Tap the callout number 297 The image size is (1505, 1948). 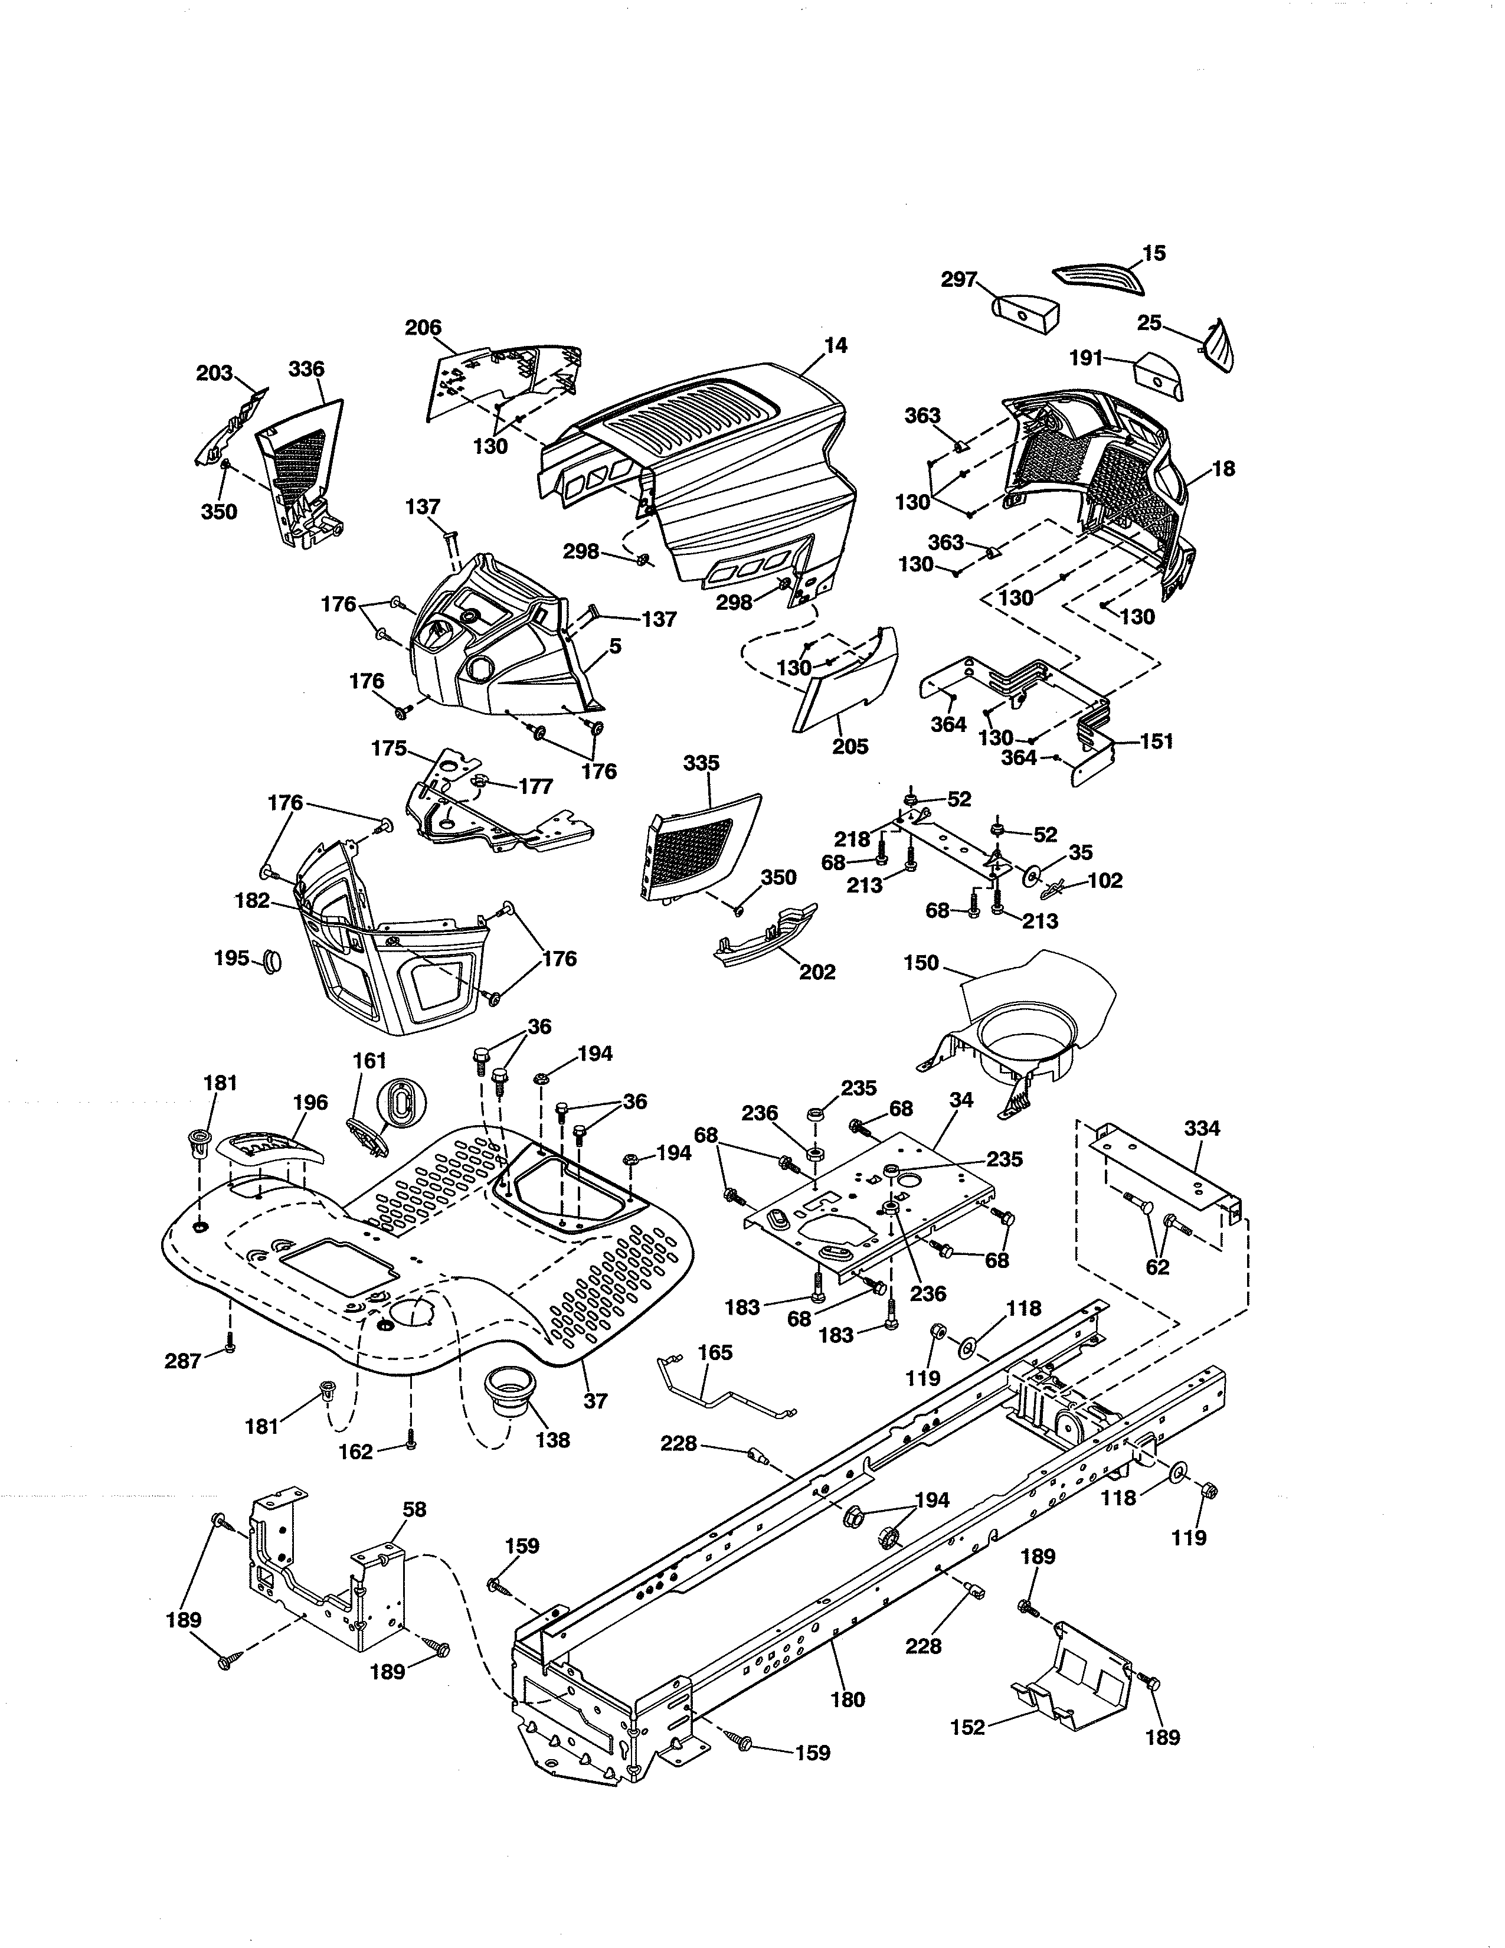[959, 280]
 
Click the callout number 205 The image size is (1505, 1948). [850, 746]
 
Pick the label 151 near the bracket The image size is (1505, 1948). [1156, 741]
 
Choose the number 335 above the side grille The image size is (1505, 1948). [702, 763]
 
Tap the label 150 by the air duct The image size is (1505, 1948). [921, 963]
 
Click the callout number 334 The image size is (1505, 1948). [1201, 1128]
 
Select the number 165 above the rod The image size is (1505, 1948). [714, 1353]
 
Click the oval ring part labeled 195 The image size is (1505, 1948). [271, 962]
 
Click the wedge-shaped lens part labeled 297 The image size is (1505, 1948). [1025, 312]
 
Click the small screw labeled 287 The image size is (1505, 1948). [228, 1347]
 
